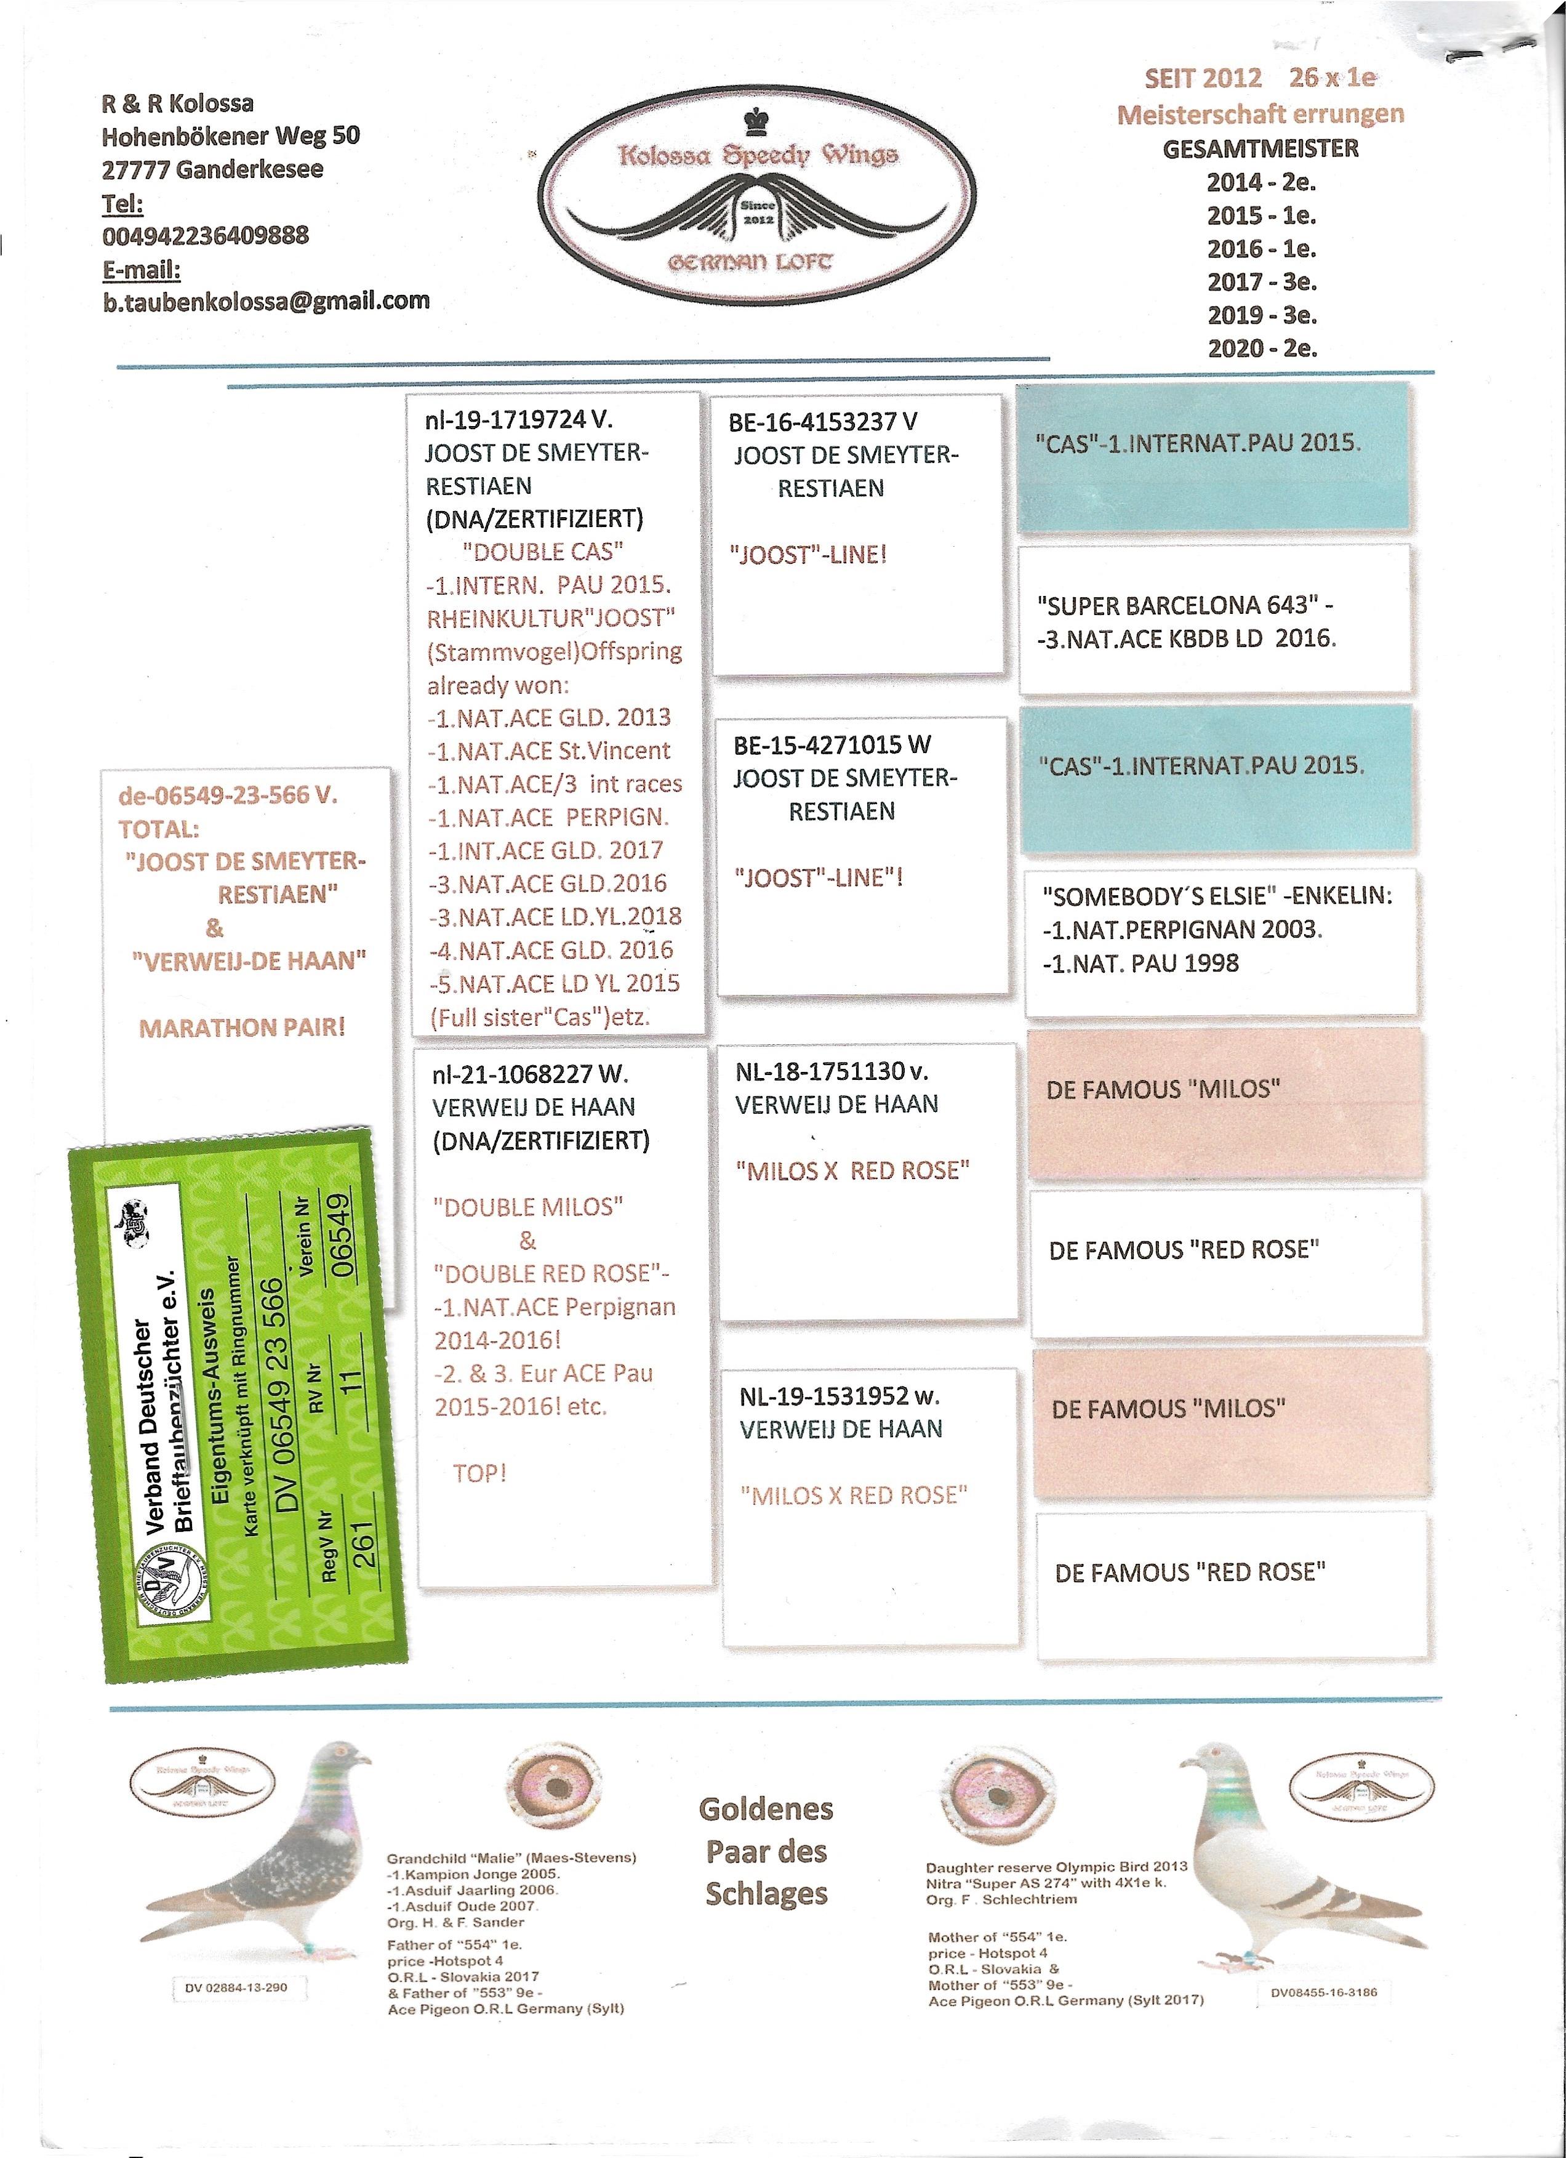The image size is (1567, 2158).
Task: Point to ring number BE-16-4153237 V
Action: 823,422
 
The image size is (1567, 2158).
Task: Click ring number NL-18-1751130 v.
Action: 832,1071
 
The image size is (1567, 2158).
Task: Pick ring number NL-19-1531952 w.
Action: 839,1397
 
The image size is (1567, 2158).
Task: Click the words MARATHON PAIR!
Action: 242,1028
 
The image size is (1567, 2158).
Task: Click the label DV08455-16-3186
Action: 1323,1992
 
